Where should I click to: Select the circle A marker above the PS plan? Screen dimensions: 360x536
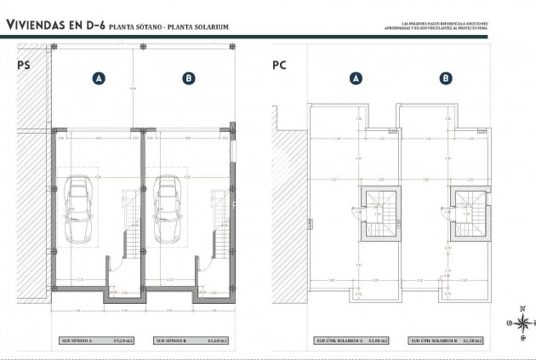pyautogui.click(x=99, y=78)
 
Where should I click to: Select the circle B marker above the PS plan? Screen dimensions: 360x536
pyautogui.click(x=187, y=78)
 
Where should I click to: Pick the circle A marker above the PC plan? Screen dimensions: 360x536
pyautogui.click(x=355, y=78)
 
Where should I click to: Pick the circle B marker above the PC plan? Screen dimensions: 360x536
pyautogui.click(x=444, y=78)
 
